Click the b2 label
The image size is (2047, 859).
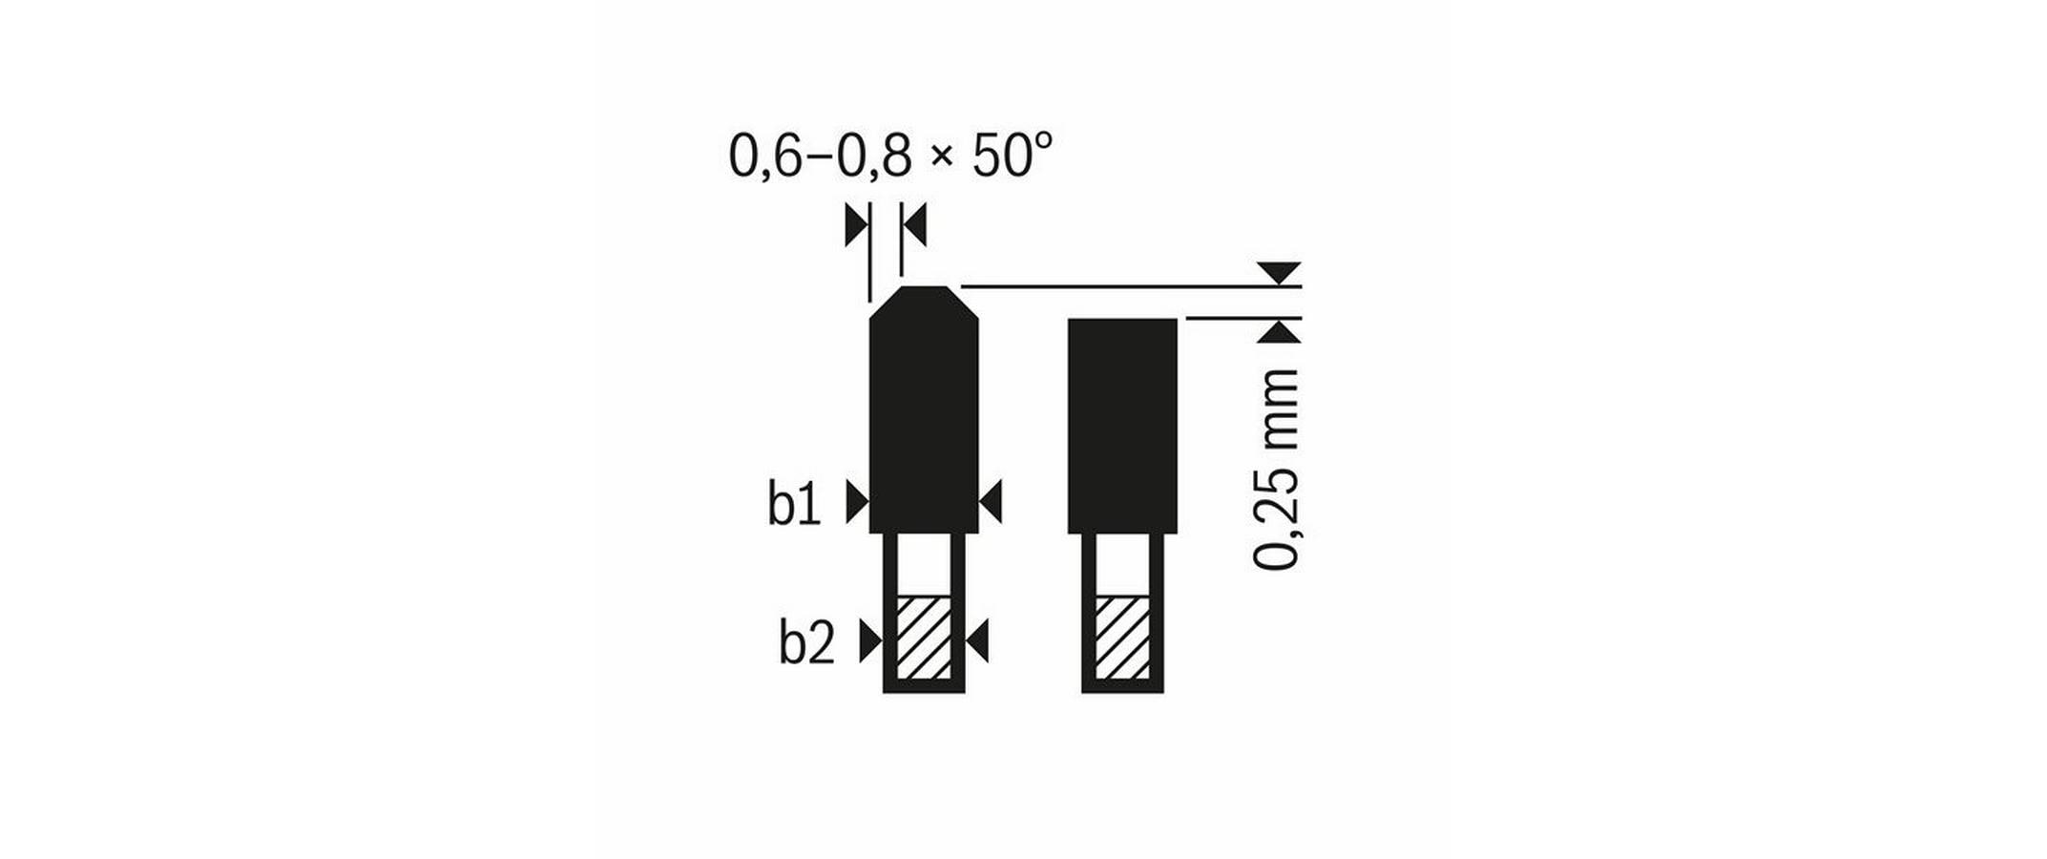806,643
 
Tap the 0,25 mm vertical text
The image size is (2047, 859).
1276,470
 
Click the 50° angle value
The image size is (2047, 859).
1012,157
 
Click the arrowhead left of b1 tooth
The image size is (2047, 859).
856,502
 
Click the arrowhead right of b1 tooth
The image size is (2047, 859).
992,502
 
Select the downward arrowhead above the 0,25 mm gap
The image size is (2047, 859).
1279,272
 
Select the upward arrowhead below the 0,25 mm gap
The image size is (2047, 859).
1279,332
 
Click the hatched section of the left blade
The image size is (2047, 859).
924,638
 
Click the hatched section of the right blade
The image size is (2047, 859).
1122,638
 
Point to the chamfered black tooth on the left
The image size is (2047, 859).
924,420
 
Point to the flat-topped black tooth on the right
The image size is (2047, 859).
1122,425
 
